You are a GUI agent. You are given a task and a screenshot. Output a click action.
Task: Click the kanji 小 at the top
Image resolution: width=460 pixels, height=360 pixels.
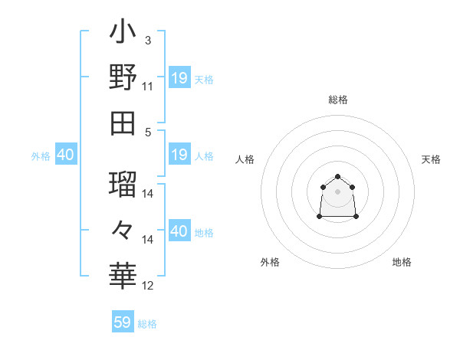pos(123,34)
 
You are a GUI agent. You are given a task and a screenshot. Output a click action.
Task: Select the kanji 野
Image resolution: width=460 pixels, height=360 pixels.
pos(123,78)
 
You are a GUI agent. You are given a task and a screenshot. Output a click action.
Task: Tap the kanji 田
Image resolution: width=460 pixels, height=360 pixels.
pos(123,122)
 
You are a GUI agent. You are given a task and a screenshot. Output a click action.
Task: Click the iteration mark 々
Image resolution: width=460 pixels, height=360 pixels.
pos(123,229)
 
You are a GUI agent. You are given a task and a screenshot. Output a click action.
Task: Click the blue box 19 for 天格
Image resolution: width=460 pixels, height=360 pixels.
pos(179,78)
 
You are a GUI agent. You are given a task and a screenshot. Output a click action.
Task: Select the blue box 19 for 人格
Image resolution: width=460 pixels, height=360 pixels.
pos(179,155)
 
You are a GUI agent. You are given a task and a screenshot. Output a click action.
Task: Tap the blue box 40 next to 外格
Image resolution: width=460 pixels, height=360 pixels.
pos(65,155)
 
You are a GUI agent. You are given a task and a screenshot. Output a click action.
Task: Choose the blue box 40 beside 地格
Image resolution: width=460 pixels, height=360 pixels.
pos(179,232)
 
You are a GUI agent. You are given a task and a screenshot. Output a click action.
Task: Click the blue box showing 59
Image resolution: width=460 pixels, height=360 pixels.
pos(123,322)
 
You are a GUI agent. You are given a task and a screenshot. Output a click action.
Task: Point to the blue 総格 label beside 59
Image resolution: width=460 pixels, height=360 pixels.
pos(147,324)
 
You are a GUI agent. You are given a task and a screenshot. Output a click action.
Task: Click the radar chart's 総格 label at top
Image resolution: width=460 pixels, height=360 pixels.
pos(338,100)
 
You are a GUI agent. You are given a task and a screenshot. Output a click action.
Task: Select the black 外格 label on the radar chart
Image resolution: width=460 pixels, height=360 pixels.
pos(270,262)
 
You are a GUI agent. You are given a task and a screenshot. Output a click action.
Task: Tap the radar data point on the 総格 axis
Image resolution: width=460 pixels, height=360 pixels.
pos(338,177)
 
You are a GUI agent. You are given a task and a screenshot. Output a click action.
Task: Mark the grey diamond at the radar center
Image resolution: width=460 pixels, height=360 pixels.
pos(338,191)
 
